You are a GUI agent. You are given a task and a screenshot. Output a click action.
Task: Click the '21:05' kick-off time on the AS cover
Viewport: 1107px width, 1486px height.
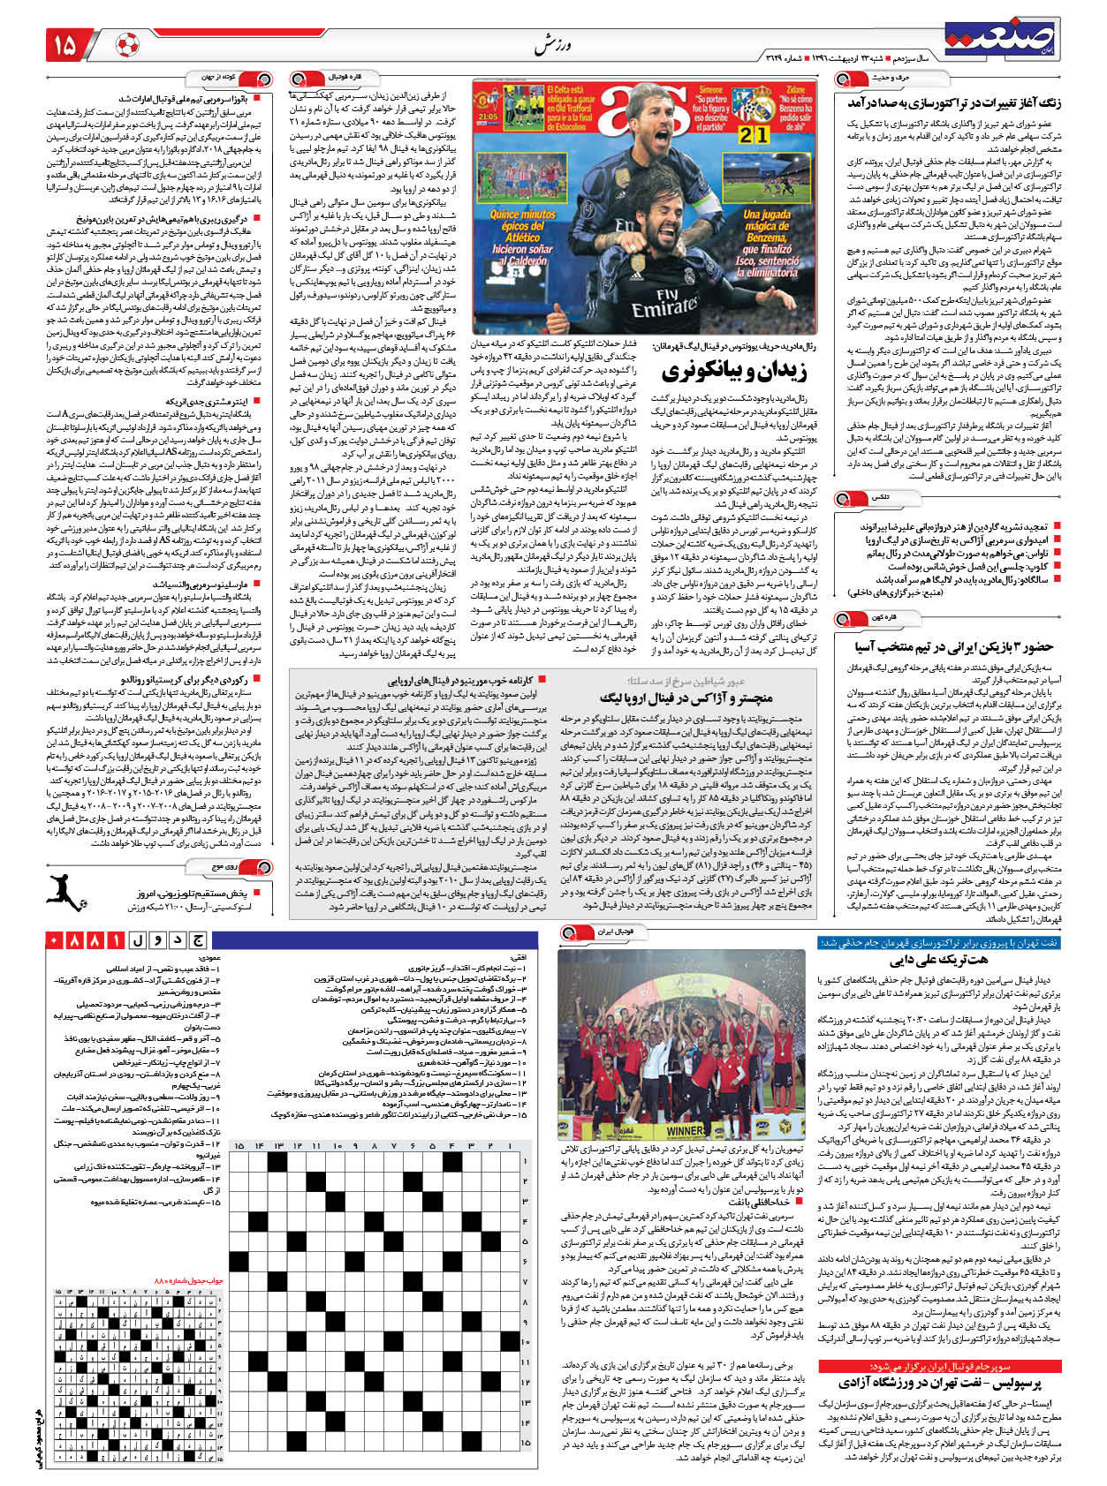tap(487, 116)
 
